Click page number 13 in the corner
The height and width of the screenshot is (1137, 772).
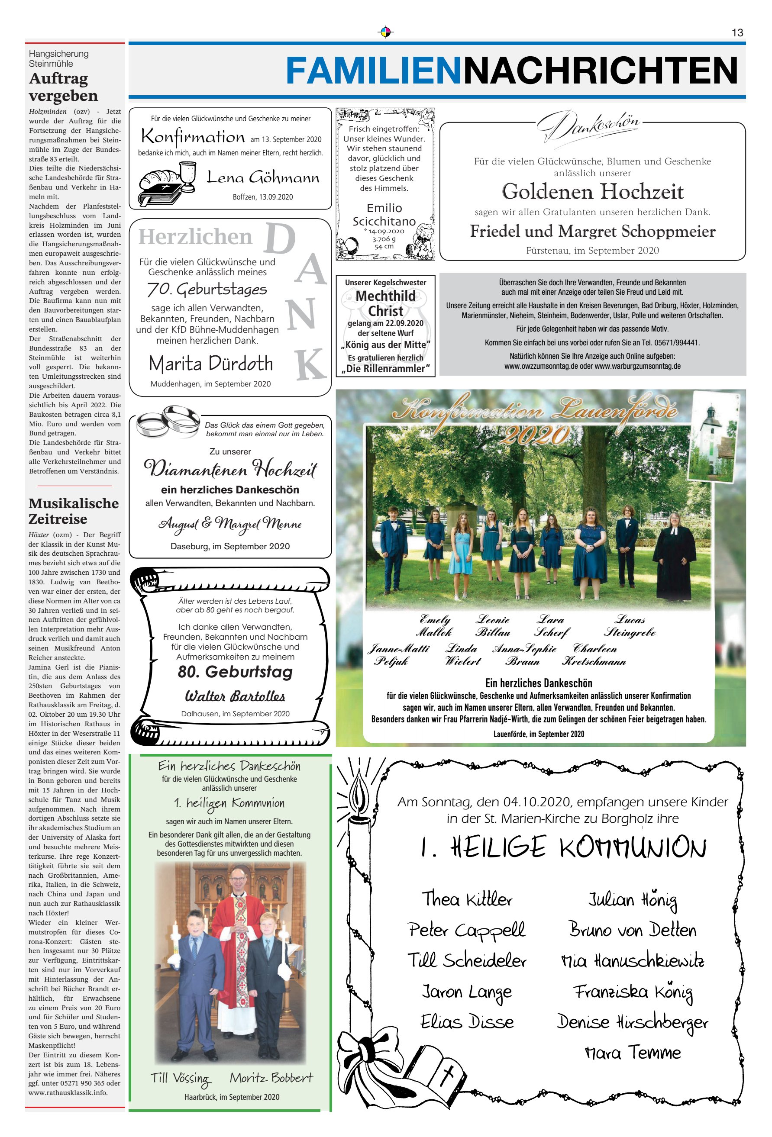pyautogui.click(x=737, y=33)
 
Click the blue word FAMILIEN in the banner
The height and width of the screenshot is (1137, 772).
pyautogui.click(x=374, y=71)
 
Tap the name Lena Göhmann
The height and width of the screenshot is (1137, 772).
pyautogui.click(x=263, y=177)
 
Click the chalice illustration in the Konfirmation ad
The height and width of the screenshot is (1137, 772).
pyautogui.click(x=187, y=176)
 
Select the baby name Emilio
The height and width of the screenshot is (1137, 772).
pyautogui.click(x=384, y=208)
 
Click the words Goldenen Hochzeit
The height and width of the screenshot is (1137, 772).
pyautogui.click(x=592, y=191)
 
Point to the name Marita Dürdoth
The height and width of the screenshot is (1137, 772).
pyautogui.click(x=210, y=364)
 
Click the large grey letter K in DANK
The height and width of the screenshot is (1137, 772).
pyautogui.click(x=311, y=364)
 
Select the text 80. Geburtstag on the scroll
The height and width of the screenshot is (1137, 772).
pyautogui.click(x=235, y=671)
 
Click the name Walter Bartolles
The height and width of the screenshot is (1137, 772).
pyautogui.click(x=235, y=696)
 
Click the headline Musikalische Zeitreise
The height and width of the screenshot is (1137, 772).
pyautogui.click(x=74, y=511)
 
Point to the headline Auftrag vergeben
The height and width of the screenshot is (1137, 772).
pyautogui.click(x=63, y=87)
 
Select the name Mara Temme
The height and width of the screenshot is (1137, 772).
pyautogui.click(x=633, y=1052)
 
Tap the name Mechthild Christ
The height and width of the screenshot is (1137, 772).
pyautogui.click(x=385, y=303)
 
